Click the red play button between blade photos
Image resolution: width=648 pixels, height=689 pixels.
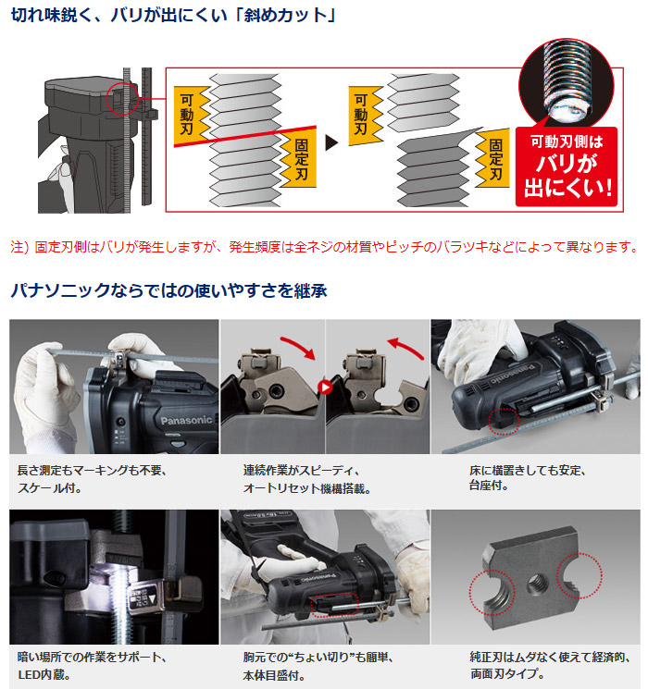tap(325, 388)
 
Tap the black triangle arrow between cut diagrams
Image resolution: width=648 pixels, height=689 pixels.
tap(331, 142)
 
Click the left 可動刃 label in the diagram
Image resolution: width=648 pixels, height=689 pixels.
tap(187, 115)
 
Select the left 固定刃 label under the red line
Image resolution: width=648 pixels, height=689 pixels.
tap(300, 159)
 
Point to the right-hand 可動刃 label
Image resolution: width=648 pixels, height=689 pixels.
tap(362, 115)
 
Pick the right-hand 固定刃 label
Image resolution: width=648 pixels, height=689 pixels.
tap(494, 159)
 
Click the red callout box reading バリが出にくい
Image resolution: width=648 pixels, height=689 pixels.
tap(567, 166)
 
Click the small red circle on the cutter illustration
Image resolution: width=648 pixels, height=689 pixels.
tap(122, 99)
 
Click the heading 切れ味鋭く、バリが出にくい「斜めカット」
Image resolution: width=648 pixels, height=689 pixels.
tap(173, 15)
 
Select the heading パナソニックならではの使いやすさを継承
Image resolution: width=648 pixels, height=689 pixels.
tap(168, 291)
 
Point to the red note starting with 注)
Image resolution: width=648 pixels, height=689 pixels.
tap(324, 247)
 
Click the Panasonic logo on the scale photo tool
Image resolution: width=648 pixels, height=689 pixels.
tap(186, 421)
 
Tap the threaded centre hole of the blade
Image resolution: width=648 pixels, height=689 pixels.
tap(537, 584)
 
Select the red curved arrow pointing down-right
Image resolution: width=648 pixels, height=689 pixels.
tap(298, 347)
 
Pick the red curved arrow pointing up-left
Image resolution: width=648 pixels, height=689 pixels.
tap(405, 348)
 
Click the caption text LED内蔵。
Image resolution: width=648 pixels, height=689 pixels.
tap(44, 674)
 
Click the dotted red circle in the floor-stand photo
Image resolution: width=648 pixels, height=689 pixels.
tap(504, 421)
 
